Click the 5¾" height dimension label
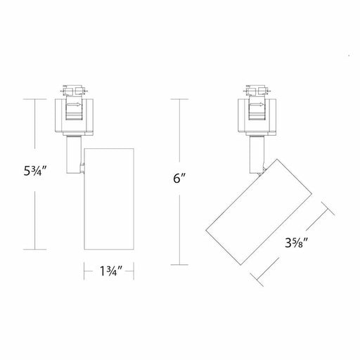(35, 171)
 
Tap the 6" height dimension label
(179, 179)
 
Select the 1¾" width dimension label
(111, 271)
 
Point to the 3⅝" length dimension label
(296, 243)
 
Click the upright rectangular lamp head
(109, 199)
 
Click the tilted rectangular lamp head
(259, 212)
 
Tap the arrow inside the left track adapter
(75, 105)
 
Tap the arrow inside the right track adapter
(258, 105)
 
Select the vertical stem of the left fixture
(73, 155)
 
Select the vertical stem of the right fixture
(257, 155)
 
